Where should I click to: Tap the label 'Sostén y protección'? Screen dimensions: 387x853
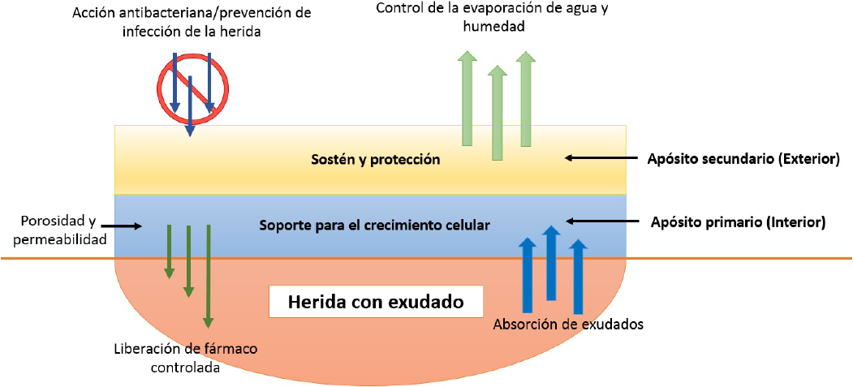(x=376, y=160)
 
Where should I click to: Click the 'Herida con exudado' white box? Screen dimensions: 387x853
(x=376, y=303)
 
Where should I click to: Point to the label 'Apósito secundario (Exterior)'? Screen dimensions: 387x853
(x=742, y=159)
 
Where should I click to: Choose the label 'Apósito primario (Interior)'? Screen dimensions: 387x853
(x=738, y=221)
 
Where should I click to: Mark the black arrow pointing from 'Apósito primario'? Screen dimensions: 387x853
(x=597, y=221)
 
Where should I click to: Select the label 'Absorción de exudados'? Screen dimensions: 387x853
(x=568, y=325)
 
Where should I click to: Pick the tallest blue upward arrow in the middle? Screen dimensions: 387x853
(x=552, y=264)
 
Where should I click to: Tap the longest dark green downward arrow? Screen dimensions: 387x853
(x=209, y=276)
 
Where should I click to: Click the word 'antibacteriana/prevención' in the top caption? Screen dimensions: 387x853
(x=192, y=13)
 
